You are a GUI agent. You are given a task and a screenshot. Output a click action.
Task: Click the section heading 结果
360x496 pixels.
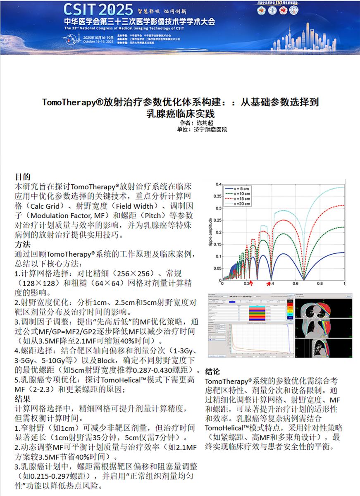[22, 399]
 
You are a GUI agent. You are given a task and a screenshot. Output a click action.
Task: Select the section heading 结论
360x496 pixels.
[212, 372]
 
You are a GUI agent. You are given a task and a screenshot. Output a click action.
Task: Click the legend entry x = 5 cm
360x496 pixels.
[243, 188]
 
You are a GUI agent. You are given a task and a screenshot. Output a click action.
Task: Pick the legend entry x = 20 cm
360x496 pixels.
[243, 203]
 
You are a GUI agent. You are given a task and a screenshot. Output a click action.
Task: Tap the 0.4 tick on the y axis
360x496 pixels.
[218, 184]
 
